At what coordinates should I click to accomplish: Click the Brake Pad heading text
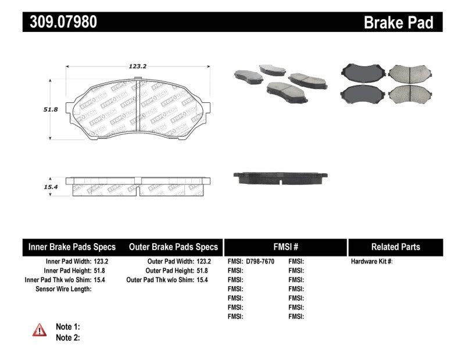point(398,23)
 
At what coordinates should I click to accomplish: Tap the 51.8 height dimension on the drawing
point(40,108)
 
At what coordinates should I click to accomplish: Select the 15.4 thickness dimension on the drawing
point(40,187)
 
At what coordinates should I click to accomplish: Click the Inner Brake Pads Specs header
point(72,247)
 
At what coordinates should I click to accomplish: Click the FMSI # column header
point(285,247)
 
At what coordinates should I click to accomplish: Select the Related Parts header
point(395,247)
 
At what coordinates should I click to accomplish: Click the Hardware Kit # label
point(371,261)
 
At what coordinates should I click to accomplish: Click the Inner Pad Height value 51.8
point(101,270)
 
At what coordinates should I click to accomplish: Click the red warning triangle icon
point(40,330)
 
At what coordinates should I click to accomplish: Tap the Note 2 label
point(67,337)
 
